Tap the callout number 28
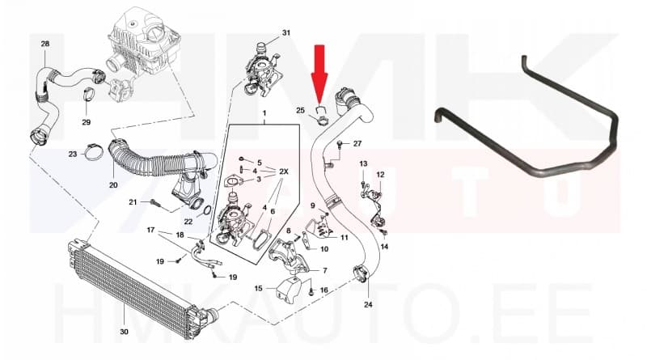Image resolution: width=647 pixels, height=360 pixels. (44, 43)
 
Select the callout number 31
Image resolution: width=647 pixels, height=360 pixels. (285, 33)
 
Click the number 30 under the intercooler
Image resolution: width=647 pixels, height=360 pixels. (124, 331)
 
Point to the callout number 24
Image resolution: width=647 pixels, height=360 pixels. (368, 305)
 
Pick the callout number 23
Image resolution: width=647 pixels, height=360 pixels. (72, 153)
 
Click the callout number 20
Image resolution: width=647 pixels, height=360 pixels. (113, 184)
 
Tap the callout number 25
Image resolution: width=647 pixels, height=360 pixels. (300, 110)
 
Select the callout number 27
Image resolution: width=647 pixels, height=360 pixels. (357, 143)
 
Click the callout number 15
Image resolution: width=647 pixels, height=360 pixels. (258, 287)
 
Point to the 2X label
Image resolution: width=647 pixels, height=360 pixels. (285, 172)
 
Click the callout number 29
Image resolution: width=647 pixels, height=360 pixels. (87, 122)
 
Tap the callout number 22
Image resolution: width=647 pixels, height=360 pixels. (188, 221)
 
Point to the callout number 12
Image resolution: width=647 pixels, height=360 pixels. (380, 174)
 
